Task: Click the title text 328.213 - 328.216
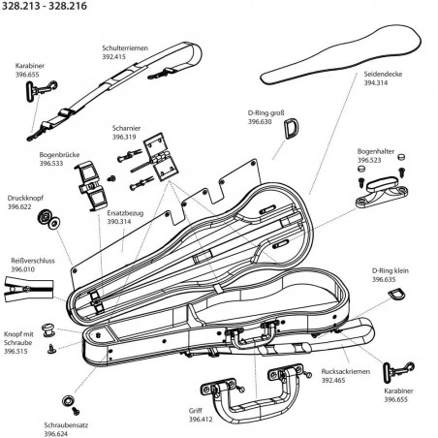pos(45,6)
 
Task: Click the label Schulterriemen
pos(125,48)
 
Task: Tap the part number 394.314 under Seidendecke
pos(376,82)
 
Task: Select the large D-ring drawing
pos(292,128)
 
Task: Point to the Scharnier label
pos(126,128)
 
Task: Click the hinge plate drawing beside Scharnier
pos(161,156)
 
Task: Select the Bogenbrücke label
pos(59,155)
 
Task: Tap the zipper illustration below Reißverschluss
pos(28,289)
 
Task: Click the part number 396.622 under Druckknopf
pos(19,206)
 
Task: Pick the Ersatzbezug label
pos(125,213)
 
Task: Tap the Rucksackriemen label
pos(346,371)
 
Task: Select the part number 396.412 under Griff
pos(201,420)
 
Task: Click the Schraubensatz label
pos(66,425)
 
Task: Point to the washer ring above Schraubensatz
pos(68,400)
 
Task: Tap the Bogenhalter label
pos(376,151)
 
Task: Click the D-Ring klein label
pos(391,270)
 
